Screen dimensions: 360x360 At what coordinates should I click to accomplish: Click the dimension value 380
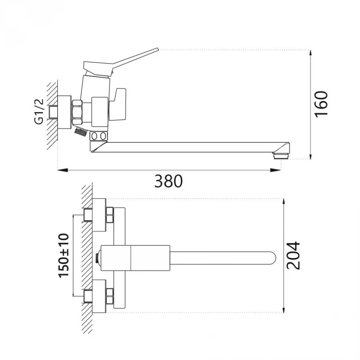[x=168, y=181]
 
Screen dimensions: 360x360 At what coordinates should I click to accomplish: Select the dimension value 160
[x=321, y=104]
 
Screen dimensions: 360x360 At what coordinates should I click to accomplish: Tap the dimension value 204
[x=293, y=255]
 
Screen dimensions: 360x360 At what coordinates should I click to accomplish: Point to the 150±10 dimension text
[x=64, y=255]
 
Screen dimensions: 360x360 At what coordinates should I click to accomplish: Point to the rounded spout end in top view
[x=273, y=258]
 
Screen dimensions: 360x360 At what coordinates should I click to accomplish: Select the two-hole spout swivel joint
[x=98, y=136]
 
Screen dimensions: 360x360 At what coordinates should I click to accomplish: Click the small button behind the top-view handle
[x=99, y=258]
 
